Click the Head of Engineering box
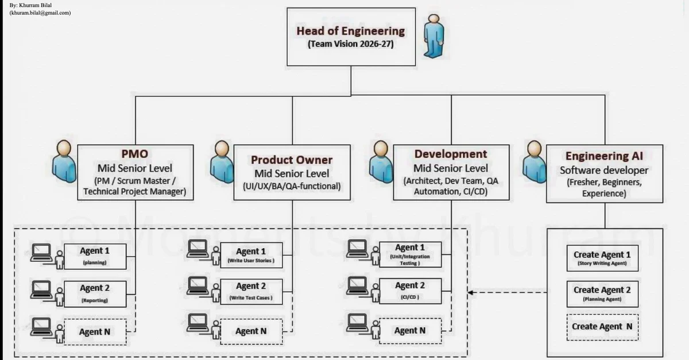pos(350,37)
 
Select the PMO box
pos(135,172)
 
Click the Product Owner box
pos(292,172)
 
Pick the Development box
pos(451,172)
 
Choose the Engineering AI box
pos(604,173)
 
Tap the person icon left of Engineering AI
pos(532,159)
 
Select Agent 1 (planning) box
pos(95,256)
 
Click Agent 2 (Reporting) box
pos(95,293)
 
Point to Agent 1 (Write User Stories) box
pos(251,256)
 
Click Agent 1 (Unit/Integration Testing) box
pos(410,254)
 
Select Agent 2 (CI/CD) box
pos(410,290)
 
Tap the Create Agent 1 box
pos(602,258)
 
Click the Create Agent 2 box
pos(602,293)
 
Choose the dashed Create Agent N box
pos(602,327)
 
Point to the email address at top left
pos(40,13)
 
